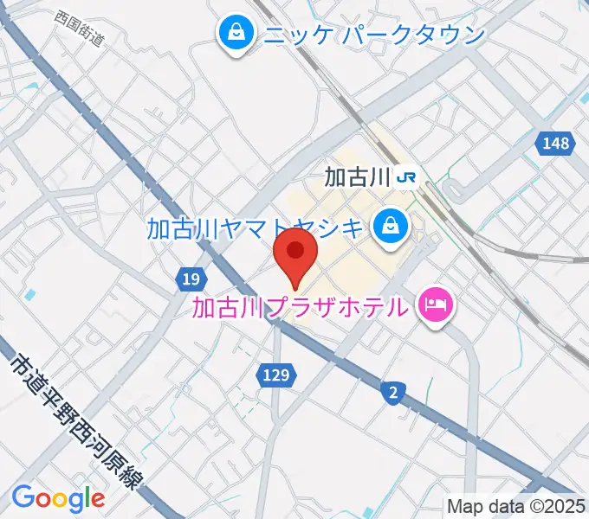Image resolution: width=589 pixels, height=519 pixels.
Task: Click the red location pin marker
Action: point(295,256)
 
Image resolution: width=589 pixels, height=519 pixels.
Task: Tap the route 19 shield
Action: point(192,279)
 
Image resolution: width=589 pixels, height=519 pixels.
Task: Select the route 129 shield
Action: point(277,375)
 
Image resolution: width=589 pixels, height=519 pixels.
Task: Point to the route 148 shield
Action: point(557,144)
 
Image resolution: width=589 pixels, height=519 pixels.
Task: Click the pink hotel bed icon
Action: point(435,304)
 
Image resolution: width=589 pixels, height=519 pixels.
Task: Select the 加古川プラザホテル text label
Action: point(299,306)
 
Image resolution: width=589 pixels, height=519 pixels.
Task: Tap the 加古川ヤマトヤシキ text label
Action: point(256,228)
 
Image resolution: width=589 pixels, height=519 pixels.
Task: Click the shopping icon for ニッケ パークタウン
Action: point(235,35)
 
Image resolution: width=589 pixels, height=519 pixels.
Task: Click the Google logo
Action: point(58,498)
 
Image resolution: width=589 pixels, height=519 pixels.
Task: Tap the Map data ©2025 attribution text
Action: point(516,506)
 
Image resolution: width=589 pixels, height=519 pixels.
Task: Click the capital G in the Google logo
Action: point(23,497)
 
